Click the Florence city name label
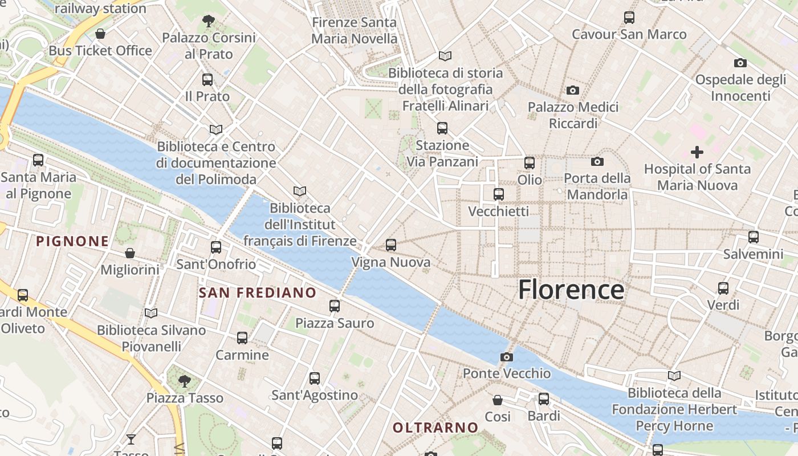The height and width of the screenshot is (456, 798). point(571,290)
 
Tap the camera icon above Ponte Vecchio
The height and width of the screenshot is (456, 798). point(506,357)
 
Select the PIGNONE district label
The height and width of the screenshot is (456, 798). point(72,241)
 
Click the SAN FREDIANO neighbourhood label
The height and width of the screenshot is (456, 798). point(257,293)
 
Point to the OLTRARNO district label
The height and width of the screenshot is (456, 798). point(435,427)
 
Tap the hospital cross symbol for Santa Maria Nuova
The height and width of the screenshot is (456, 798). point(697,152)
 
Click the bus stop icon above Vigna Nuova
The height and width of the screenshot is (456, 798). point(390,245)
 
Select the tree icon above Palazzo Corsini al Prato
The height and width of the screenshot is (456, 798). point(208,21)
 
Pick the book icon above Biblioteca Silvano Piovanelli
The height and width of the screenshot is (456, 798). point(150,313)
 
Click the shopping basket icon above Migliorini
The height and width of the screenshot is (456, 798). point(130,253)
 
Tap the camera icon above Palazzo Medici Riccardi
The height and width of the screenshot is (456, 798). point(573,90)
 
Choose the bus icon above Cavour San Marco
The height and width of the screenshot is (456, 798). point(629,18)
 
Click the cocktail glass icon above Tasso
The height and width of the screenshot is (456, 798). point(131,439)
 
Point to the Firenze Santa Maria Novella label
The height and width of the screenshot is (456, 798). point(354,31)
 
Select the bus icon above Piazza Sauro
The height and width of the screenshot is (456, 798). point(335,306)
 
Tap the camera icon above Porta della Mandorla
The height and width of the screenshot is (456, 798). point(597,162)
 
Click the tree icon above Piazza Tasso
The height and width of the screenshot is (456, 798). point(184,380)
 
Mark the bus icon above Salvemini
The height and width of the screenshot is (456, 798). point(754,237)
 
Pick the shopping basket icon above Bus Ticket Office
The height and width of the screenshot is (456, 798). point(100,34)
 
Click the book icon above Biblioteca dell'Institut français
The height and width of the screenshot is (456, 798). point(299,191)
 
